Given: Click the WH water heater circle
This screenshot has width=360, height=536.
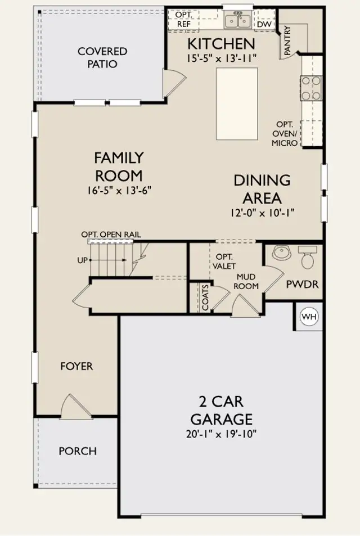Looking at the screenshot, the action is (309, 317).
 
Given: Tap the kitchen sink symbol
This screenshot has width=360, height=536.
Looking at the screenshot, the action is (238, 20).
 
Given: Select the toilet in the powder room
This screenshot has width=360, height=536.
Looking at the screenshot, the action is (307, 258).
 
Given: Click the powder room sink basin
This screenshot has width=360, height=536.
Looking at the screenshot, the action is (282, 253).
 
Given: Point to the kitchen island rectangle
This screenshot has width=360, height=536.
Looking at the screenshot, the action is (237, 103).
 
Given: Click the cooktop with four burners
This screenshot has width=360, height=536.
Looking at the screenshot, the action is (310, 88).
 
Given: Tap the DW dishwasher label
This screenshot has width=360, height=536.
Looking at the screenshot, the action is (264, 24).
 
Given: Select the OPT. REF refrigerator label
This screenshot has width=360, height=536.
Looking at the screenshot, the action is (184, 20).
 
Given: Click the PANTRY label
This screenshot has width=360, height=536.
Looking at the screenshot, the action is (287, 40).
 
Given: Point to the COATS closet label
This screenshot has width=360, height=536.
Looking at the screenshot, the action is (205, 298).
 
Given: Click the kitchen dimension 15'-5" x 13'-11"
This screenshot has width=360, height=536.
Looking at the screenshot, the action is (221, 58).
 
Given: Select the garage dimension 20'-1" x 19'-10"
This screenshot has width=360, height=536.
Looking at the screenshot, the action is (222, 434).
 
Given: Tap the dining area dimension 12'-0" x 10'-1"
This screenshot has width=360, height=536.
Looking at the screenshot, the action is (262, 213).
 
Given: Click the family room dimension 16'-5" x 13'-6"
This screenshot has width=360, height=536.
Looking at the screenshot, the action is (119, 190).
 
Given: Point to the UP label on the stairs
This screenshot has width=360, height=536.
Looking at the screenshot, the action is (82, 260).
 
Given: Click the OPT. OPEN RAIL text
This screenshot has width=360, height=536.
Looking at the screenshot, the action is (111, 235).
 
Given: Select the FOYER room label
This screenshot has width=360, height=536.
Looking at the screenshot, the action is (76, 366).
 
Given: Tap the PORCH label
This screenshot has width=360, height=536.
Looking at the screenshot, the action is (78, 451).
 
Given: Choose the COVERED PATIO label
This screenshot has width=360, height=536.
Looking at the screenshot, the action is (102, 57).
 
